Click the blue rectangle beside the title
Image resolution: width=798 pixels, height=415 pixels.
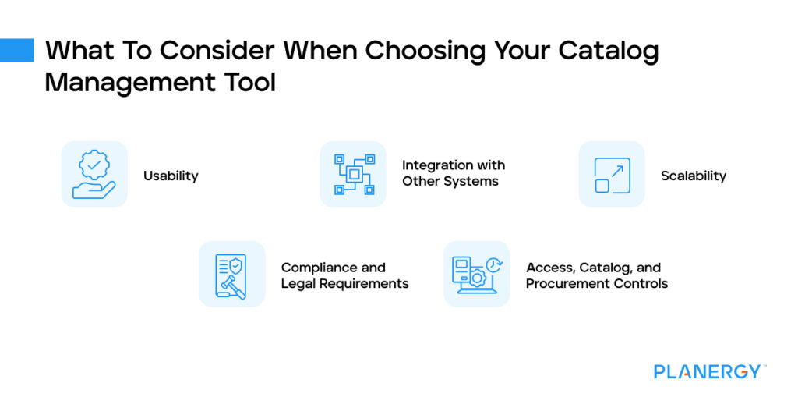(17, 50)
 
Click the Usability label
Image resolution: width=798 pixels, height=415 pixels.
(171, 176)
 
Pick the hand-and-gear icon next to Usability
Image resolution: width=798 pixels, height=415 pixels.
(94, 174)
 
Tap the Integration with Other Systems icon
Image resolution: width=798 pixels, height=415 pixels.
(353, 174)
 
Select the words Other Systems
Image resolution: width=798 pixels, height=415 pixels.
(450, 182)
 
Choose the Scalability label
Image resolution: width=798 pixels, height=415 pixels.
(693, 176)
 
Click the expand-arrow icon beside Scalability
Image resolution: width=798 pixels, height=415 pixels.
(612, 174)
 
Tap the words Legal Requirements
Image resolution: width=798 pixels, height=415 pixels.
(344, 284)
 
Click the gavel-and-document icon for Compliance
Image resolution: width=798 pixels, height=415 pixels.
(231, 275)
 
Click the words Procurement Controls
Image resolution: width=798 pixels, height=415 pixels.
(597, 284)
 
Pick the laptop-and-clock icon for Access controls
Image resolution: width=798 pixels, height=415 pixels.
(476, 275)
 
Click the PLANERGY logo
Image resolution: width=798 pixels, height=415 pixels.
(708, 371)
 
